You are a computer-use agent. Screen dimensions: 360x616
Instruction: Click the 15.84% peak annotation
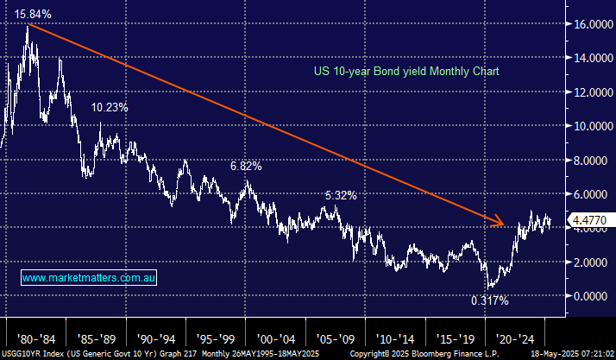pyautogui.click(x=33, y=15)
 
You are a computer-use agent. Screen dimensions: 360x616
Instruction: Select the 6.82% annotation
pyautogui.click(x=246, y=165)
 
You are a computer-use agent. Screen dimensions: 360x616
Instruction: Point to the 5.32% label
pyautogui.click(x=341, y=195)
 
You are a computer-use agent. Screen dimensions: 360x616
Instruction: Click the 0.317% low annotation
pyautogui.click(x=489, y=300)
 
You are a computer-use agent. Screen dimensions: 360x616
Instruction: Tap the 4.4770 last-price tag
pyautogui.click(x=588, y=220)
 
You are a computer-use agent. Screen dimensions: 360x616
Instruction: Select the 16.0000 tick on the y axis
pyautogui.click(x=591, y=24)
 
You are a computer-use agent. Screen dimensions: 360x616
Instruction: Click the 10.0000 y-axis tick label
pyautogui.click(x=591, y=126)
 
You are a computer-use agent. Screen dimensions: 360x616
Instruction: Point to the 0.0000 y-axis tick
pyautogui.click(x=591, y=296)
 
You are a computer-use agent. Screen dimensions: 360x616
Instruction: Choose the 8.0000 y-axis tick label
pyautogui.click(x=591, y=161)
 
